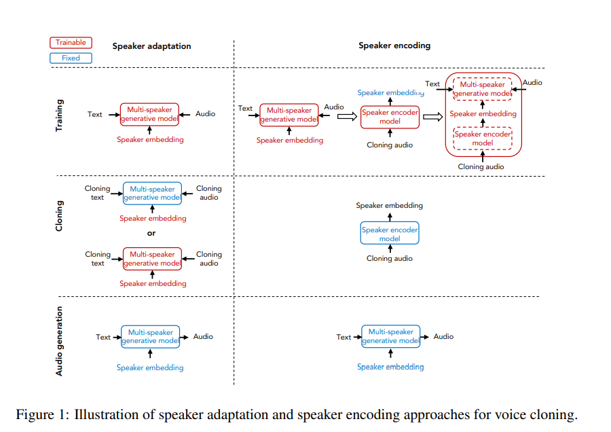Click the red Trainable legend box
point(71,42)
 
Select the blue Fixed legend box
point(71,58)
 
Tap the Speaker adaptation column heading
point(151,46)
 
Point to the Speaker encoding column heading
point(394,46)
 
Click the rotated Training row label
point(59,115)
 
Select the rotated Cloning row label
point(59,215)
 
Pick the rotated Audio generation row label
point(59,341)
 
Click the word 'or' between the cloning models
point(151,233)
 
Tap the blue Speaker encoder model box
point(390,234)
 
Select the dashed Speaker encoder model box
point(483,139)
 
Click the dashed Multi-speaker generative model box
point(483,89)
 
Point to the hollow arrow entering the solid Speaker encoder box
point(347,117)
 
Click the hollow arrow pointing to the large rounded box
point(432,117)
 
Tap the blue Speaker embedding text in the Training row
point(390,92)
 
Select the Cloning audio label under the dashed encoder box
point(481,166)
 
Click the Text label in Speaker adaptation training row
point(95,114)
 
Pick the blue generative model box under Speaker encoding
point(390,336)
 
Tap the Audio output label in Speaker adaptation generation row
point(203,336)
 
